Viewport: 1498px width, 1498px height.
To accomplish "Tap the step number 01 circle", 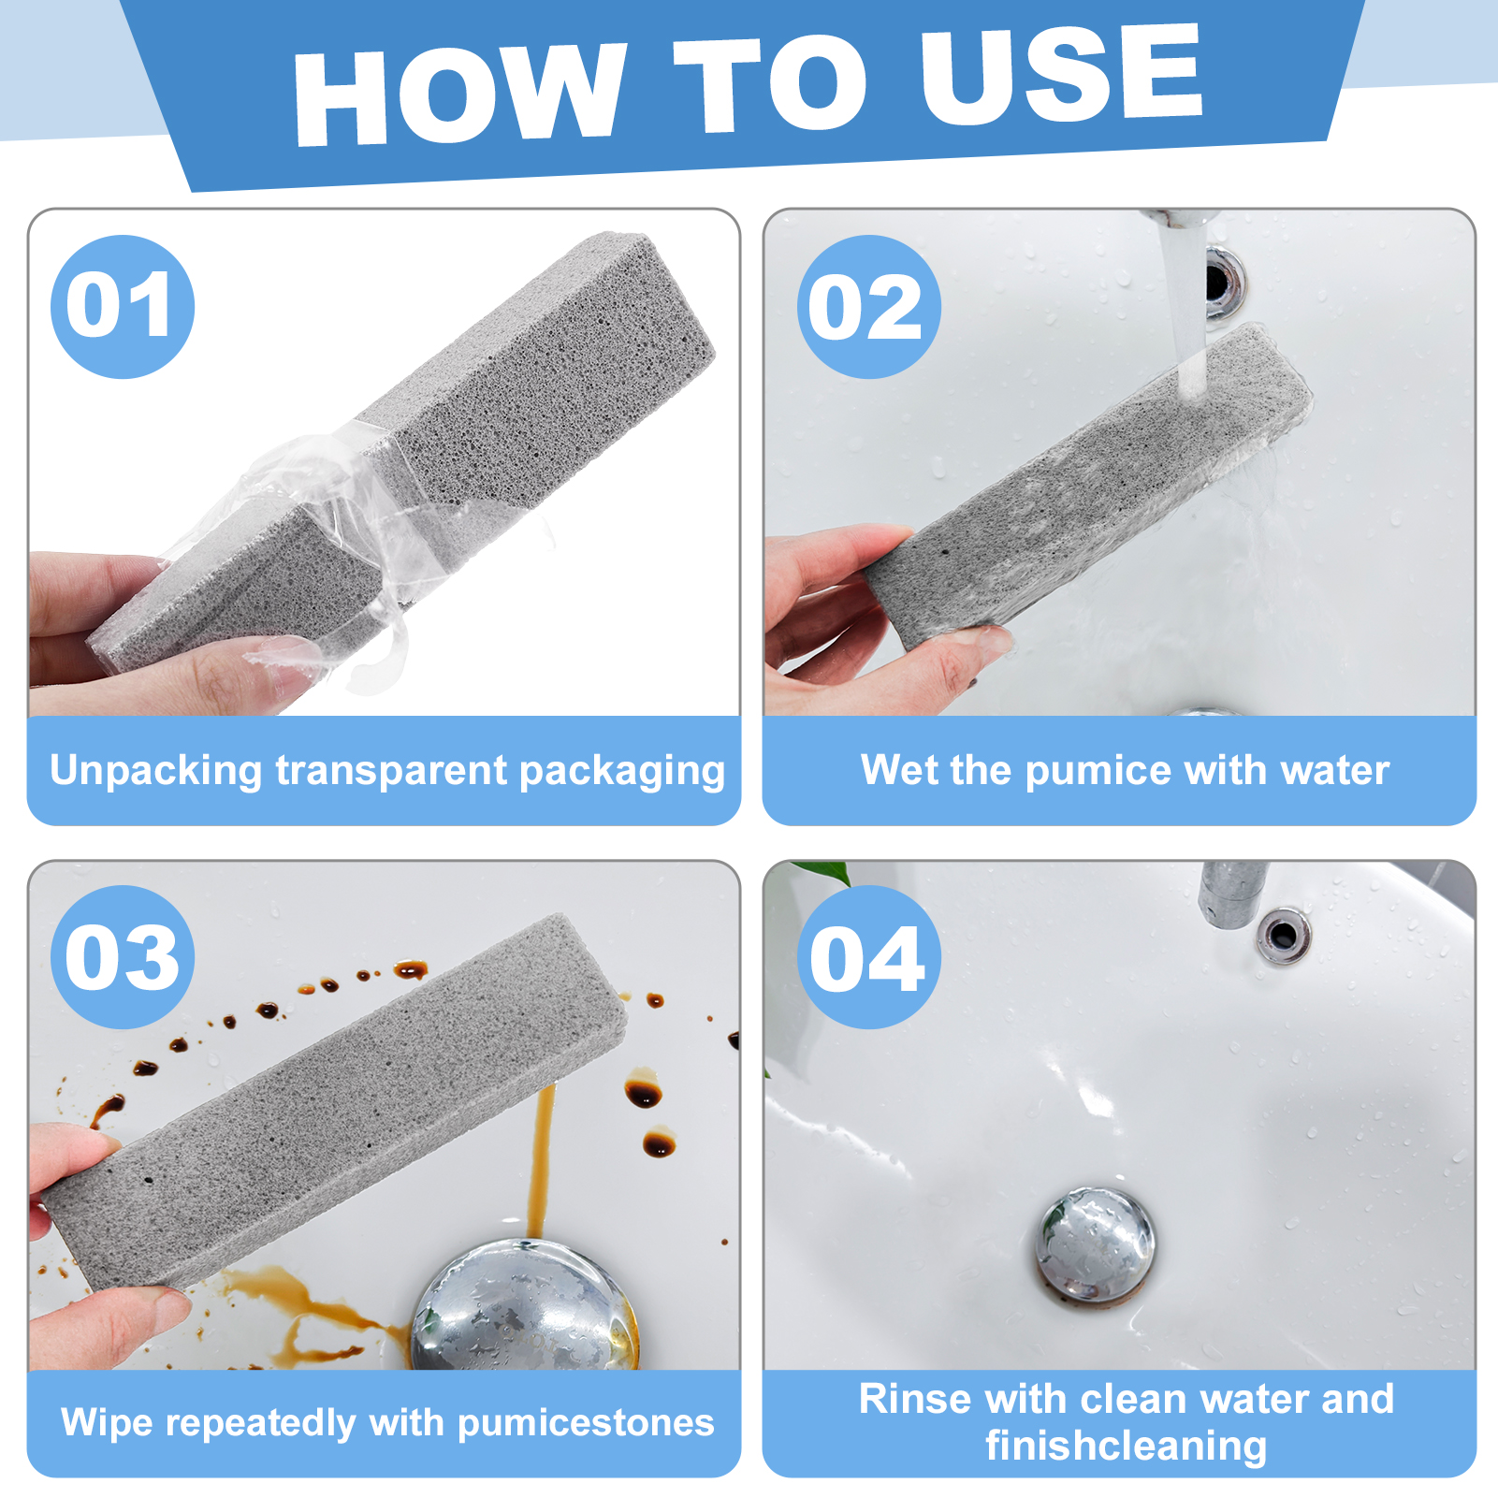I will (x=122, y=307).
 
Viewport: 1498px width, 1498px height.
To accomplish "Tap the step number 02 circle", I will (x=868, y=307).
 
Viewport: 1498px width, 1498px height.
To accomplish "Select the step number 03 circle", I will (x=122, y=957).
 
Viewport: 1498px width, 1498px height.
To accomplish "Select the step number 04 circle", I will (x=868, y=957).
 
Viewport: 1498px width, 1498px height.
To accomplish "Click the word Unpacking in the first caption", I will (x=155, y=771).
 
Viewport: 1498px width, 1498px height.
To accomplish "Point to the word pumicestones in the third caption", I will (x=586, y=1422).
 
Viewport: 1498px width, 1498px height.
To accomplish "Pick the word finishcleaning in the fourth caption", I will (x=1126, y=1446).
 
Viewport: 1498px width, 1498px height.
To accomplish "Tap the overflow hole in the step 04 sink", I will (x=1283, y=934).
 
